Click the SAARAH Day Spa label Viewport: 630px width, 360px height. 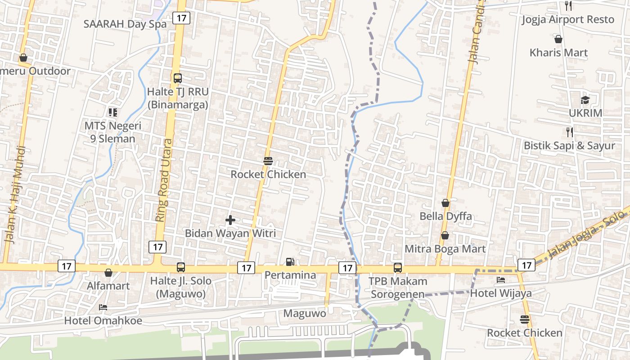pyautogui.click(x=125, y=24)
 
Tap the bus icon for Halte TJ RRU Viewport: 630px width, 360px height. pyautogui.click(x=178, y=78)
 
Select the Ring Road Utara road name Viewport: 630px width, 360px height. pyautogui.click(x=164, y=180)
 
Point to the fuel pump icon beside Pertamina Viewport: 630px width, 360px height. pyautogui.click(x=290, y=261)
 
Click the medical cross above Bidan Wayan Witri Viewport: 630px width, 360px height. pyautogui.click(x=230, y=220)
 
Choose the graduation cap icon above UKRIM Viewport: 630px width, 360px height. pyautogui.click(x=585, y=100)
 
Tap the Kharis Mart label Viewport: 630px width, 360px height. pyautogui.click(x=558, y=53)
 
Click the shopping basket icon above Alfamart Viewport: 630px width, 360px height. pyautogui.click(x=108, y=273)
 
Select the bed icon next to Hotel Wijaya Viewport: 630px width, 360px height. pyautogui.click(x=501, y=280)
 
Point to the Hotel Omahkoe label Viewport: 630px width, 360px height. pyautogui.click(x=103, y=321)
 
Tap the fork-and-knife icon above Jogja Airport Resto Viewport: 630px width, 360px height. pyautogui.click(x=568, y=6)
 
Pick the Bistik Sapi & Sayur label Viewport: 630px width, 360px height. pyautogui.click(x=569, y=146)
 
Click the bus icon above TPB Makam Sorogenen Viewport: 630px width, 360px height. pyautogui.click(x=398, y=268)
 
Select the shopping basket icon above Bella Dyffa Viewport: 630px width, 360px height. pyautogui.click(x=445, y=203)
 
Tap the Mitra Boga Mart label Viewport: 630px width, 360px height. pyautogui.click(x=445, y=249)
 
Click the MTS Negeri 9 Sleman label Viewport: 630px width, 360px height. pyautogui.click(x=113, y=132)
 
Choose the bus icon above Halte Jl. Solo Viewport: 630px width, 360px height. pyautogui.click(x=181, y=267)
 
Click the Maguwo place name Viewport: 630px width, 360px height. pyautogui.click(x=305, y=313)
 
